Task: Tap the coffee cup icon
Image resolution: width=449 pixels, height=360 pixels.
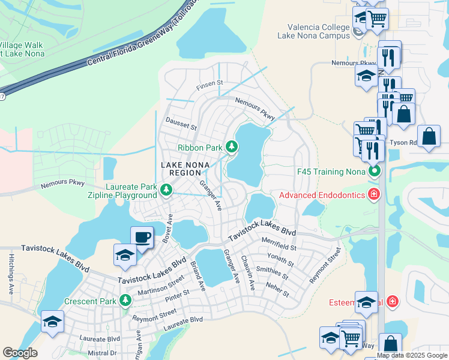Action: click(142, 236)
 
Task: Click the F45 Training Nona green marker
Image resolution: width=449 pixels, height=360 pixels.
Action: click(375, 172)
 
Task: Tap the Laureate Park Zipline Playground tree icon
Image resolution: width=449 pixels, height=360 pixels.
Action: click(166, 191)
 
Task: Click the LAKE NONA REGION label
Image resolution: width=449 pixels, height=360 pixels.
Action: click(181, 168)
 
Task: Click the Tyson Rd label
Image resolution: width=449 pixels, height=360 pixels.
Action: click(403, 143)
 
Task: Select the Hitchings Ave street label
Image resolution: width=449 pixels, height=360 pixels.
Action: click(11, 274)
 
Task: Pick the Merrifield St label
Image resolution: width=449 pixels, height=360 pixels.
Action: click(279, 244)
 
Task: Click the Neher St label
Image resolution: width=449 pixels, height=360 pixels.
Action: click(277, 290)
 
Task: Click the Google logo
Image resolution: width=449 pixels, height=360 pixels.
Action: click(20, 353)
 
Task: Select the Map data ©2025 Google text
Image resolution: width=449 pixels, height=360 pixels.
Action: click(412, 355)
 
